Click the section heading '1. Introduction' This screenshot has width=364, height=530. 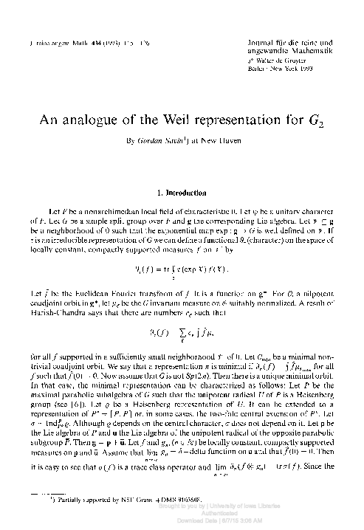(x=182, y=173)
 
